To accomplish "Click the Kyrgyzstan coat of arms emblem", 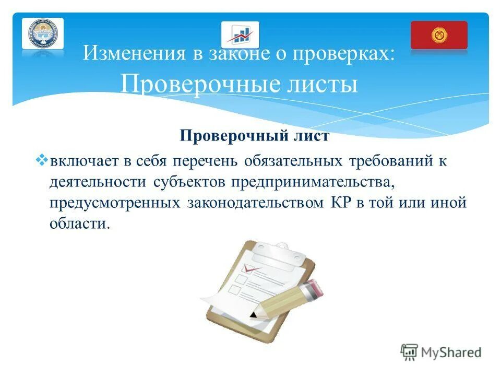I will coord(43,34).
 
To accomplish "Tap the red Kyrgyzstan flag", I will coord(439,35).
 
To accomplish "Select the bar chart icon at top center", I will coord(240,35).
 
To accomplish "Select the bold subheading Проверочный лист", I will coord(255,136).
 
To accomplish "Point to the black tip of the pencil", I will coord(253,315).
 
